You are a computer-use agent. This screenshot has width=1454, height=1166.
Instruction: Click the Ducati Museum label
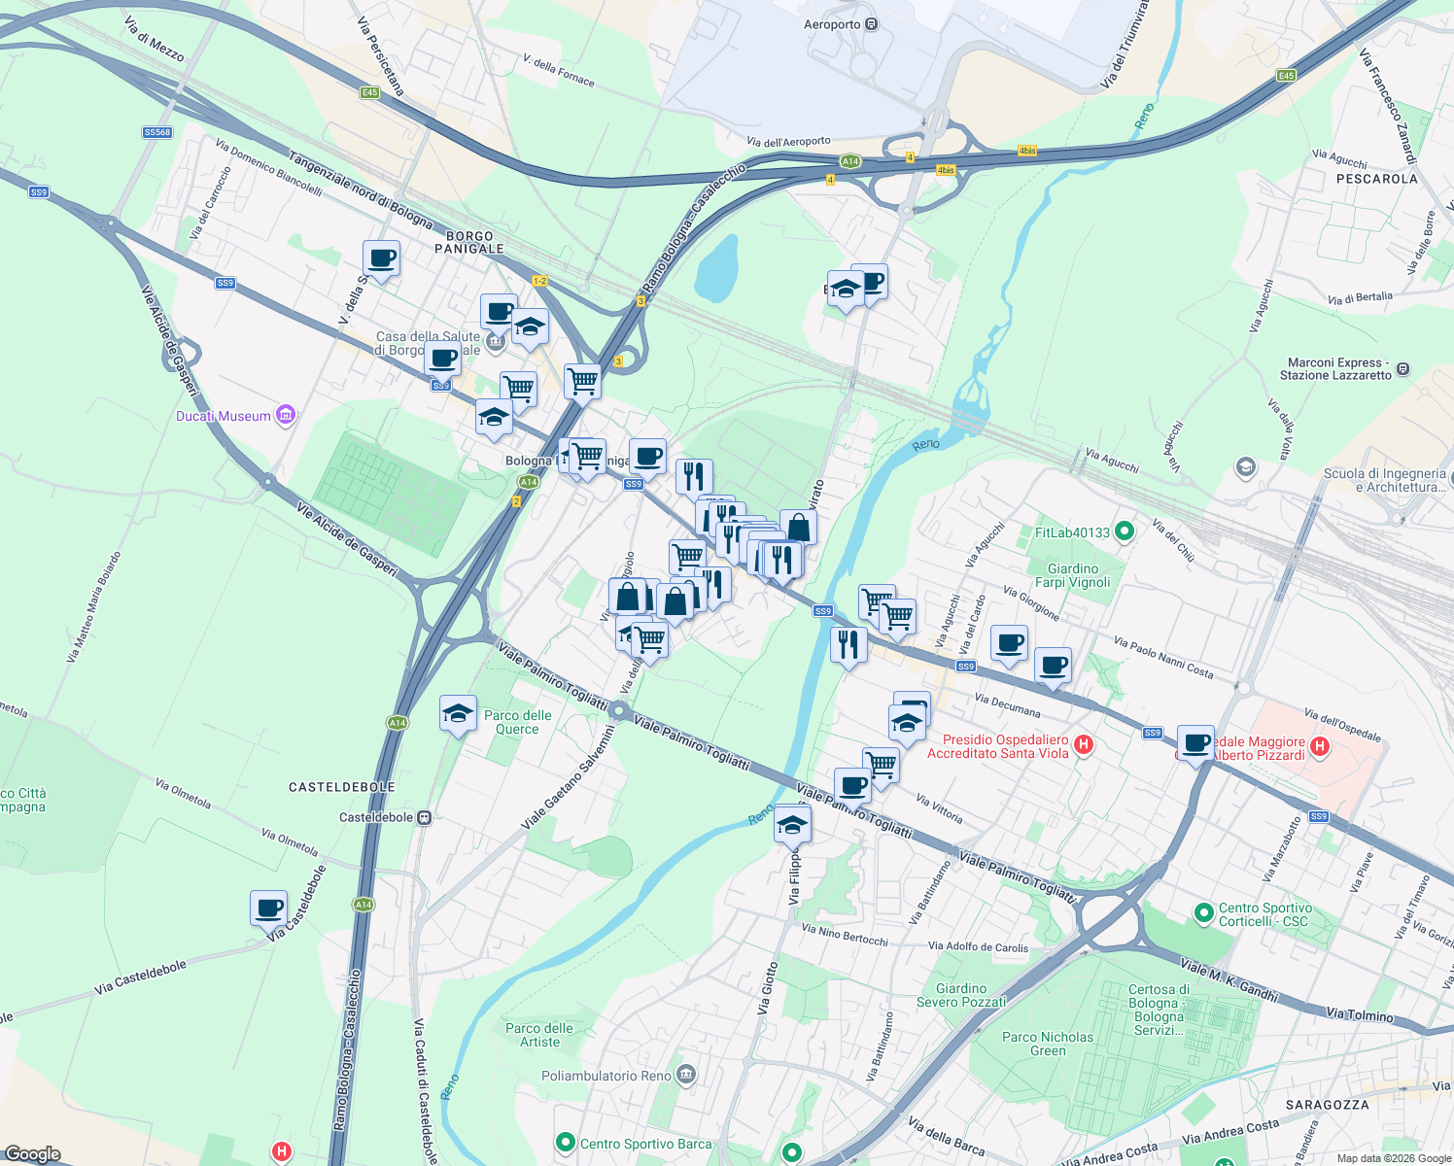click(x=224, y=416)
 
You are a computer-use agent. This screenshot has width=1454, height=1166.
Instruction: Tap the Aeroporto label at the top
click(x=832, y=24)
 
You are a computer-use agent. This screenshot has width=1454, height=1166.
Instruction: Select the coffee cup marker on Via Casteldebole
click(x=268, y=910)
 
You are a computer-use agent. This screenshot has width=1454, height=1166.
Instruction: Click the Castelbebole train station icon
click(x=424, y=817)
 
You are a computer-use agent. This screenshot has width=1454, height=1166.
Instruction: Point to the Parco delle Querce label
click(x=517, y=722)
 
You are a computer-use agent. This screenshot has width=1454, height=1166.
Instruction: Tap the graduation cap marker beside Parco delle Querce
click(x=458, y=715)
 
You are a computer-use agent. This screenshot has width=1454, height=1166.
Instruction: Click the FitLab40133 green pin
click(x=1125, y=532)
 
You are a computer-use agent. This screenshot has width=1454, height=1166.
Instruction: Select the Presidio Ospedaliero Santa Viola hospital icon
click(x=1084, y=745)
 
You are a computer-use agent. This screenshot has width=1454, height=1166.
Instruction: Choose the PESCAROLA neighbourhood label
click(x=1376, y=179)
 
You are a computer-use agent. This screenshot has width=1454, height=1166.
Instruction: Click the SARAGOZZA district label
click(x=1327, y=1105)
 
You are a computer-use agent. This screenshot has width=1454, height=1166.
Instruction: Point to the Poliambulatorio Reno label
click(x=606, y=1076)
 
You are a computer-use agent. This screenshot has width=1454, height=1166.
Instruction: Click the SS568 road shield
click(x=157, y=132)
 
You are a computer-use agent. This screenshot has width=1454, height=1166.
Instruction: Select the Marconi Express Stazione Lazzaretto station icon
click(x=1402, y=369)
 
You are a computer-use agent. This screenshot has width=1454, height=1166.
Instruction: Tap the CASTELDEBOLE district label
click(x=341, y=787)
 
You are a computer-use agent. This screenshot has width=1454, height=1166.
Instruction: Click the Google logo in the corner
click(x=33, y=1153)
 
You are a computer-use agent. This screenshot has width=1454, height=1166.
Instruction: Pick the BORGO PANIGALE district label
click(x=469, y=242)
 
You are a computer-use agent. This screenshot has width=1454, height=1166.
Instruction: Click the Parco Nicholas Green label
click(x=1048, y=1044)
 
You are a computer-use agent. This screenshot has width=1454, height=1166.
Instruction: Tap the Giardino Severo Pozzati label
click(x=961, y=995)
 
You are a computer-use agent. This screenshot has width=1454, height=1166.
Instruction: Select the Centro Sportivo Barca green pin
click(x=565, y=1143)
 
